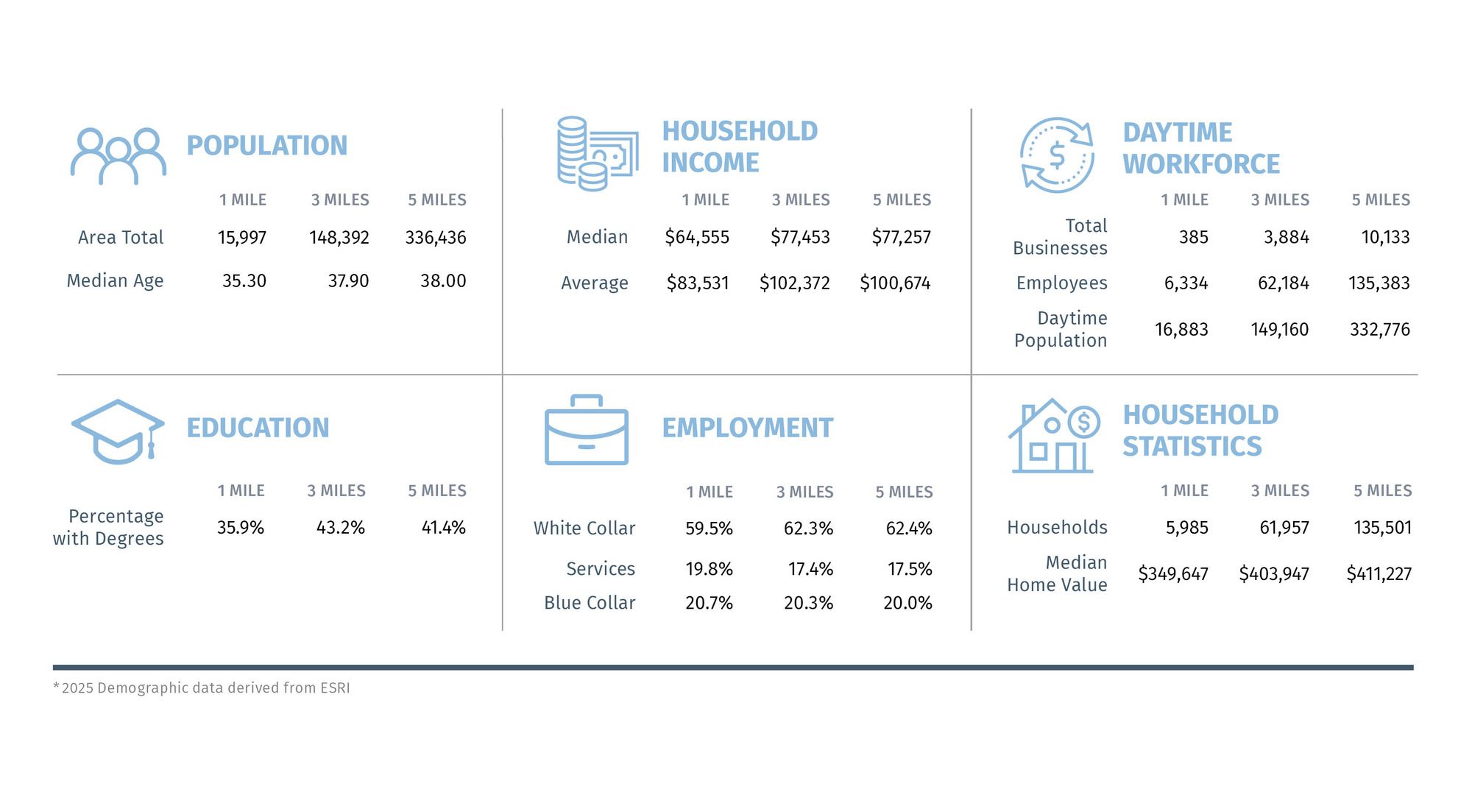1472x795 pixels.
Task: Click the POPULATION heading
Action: click(x=266, y=146)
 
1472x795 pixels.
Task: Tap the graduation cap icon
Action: click(x=118, y=431)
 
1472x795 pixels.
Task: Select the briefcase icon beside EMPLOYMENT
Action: click(x=587, y=431)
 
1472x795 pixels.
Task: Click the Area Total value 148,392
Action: click(x=339, y=238)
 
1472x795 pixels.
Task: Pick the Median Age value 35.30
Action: click(x=244, y=281)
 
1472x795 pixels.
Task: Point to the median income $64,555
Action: click(x=696, y=237)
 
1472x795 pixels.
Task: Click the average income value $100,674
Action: click(x=895, y=283)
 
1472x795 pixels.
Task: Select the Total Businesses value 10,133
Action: click(x=1385, y=237)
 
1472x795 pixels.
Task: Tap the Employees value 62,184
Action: click(x=1283, y=283)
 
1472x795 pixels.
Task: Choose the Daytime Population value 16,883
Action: click(x=1181, y=329)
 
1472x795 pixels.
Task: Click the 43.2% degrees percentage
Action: click(x=340, y=528)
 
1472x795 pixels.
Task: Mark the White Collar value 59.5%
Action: click(x=709, y=529)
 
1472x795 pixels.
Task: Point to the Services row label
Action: click(x=600, y=569)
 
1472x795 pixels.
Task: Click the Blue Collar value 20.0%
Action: click(x=907, y=604)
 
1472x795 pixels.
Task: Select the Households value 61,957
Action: click(x=1284, y=528)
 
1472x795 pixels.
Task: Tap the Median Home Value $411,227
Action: click(x=1379, y=574)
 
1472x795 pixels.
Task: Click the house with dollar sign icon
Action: click(x=1053, y=436)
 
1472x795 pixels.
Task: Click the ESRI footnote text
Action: click(x=202, y=688)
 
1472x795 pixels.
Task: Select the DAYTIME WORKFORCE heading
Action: click(x=1200, y=148)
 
